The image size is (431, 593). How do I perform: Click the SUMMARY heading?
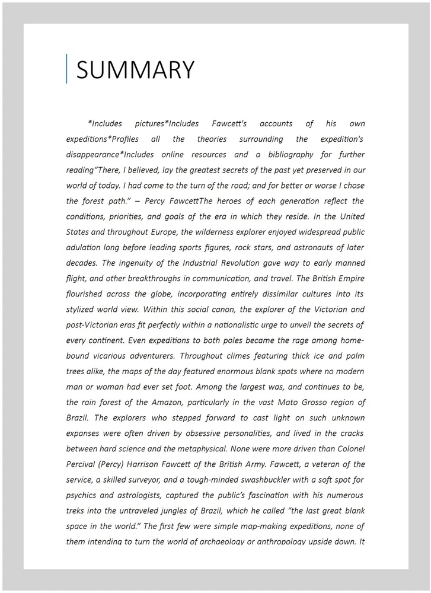[135, 70]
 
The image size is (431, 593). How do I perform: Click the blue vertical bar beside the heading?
[66, 69]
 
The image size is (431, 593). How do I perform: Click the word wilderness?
[201, 232]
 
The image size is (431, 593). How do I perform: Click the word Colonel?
[347, 448]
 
